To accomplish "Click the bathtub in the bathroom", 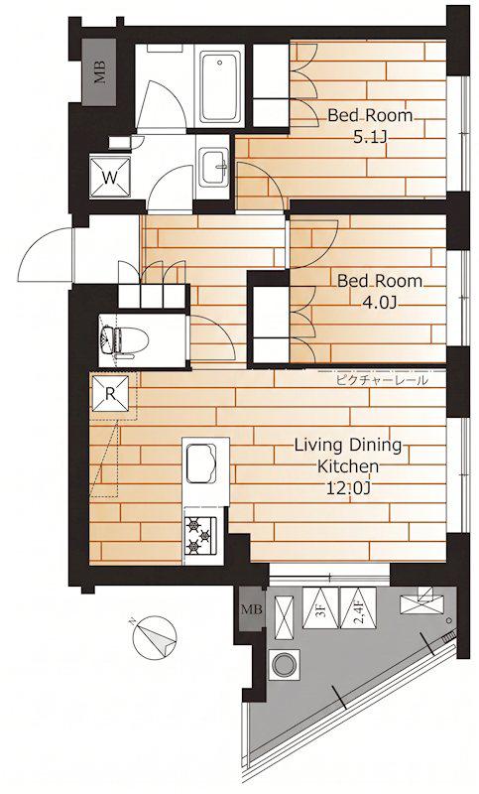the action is coord(219,86).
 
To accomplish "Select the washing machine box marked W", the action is coord(110,177).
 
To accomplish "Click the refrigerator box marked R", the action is coord(110,393).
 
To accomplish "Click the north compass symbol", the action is coord(155,637).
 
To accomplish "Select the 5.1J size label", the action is coord(370,137).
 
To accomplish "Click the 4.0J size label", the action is coord(379,303).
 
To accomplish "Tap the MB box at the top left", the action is coord(100,71).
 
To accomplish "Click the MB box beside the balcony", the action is coord(251,609).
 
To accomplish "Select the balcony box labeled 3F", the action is coord(319,607).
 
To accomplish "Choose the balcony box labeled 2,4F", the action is coord(358,607).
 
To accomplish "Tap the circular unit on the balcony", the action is coord(284,663).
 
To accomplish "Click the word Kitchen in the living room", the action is coord(347,466).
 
